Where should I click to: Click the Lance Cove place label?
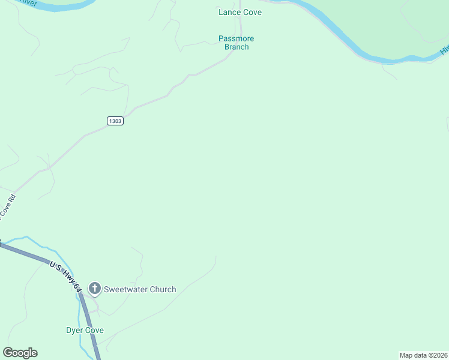click(240, 12)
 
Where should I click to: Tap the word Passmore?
click(236, 38)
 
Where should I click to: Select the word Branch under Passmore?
click(236, 47)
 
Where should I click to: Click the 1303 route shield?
click(115, 121)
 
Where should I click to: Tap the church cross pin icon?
click(94, 289)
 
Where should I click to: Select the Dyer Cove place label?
click(85, 331)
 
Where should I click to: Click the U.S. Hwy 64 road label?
click(66, 277)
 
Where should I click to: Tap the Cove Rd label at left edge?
click(7, 206)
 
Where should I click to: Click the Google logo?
click(20, 353)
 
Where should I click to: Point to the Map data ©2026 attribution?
click(423, 355)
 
